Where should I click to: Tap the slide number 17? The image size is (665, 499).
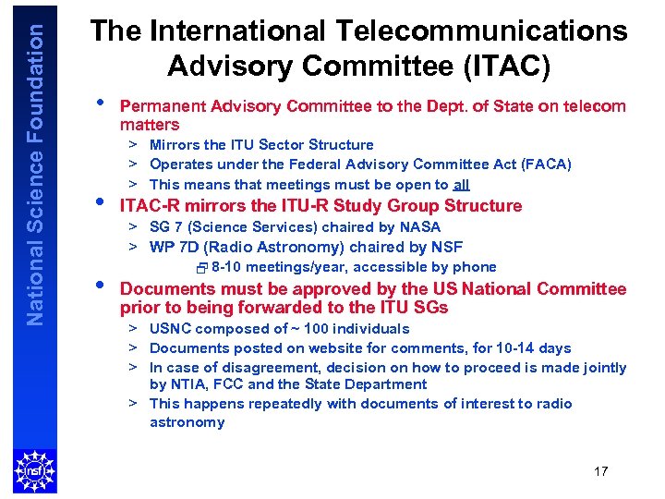coord(600,471)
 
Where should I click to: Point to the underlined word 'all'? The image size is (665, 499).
coord(461,185)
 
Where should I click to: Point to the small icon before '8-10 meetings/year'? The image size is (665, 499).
coord(203,268)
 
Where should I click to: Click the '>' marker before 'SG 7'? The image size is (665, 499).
coord(133,226)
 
